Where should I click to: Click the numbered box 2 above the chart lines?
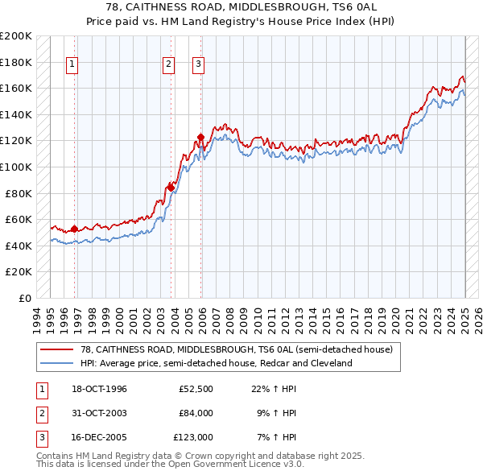[168, 65]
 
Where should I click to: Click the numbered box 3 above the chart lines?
[198, 65]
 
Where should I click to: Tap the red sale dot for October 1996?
[74, 229]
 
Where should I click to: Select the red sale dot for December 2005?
[200, 136]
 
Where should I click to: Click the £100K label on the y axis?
[16, 167]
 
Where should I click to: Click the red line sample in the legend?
[56, 349]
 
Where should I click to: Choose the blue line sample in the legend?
[56, 363]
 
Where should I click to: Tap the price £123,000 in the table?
[193, 438]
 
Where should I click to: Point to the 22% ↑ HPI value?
[274, 390]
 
